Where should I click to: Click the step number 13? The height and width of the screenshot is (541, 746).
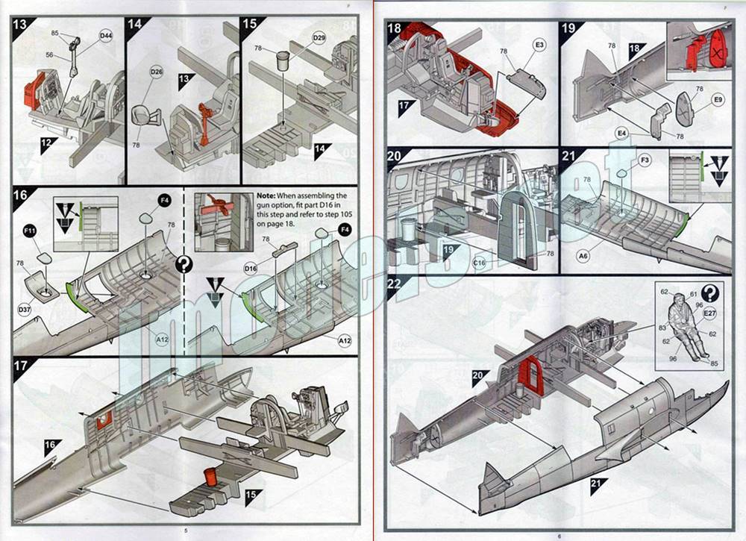(22, 23)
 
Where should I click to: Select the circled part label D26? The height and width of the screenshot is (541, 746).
(156, 72)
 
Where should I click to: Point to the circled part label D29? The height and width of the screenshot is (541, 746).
(319, 38)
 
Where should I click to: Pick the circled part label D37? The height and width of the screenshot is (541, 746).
(25, 308)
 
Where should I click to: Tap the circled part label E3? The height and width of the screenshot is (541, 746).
(539, 45)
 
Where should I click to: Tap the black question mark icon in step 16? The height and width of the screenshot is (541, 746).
(183, 264)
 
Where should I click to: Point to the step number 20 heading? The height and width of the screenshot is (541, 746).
(395, 158)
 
